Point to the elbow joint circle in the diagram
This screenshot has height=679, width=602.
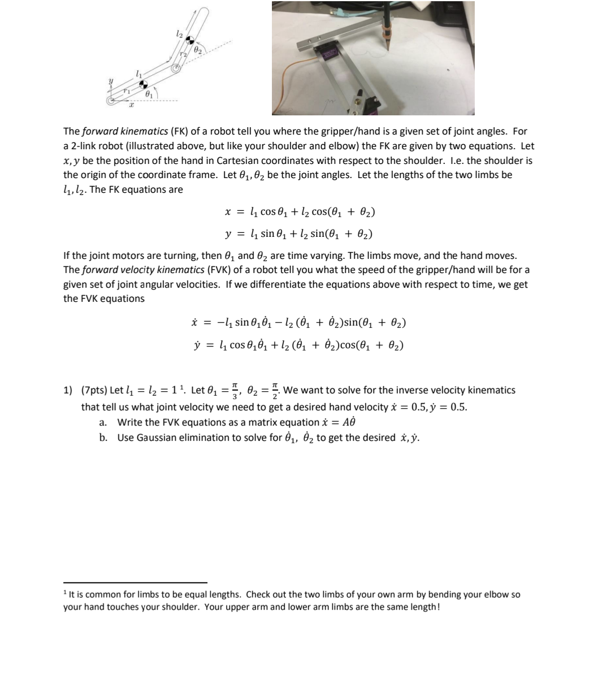pyautogui.click(x=176, y=68)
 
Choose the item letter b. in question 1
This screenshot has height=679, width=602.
pyautogui.click(x=103, y=438)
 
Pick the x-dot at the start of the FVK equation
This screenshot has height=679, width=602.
pyautogui.click(x=195, y=323)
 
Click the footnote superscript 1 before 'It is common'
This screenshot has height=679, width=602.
pyautogui.click(x=65, y=592)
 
